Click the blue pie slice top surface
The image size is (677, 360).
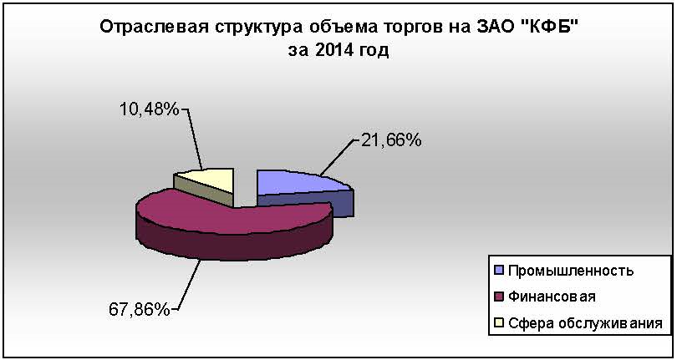click(x=298, y=182)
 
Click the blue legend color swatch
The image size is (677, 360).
click(x=499, y=271)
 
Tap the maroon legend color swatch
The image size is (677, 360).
click(x=499, y=297)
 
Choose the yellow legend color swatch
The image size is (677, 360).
click(x=499, y=323)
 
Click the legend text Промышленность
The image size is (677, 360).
click(x=570, y=271)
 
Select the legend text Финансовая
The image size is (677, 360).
click(x=552, y=297)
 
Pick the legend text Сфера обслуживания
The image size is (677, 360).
click(x=585, y=323)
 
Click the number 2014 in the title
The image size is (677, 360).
click(x=337, y=50)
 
